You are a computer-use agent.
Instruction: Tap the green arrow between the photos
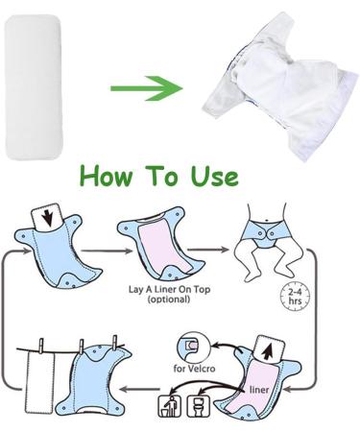click(146, 89)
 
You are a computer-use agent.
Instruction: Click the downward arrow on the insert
click(44, 216)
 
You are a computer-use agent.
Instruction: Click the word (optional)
click(159, 300)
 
